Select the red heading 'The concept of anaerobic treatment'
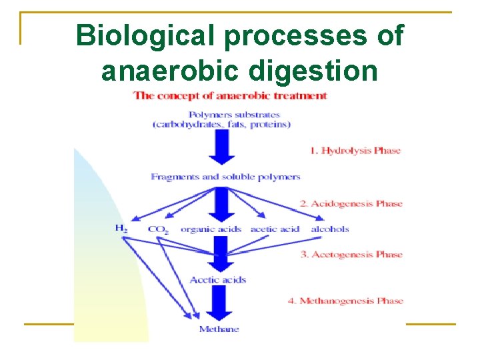click(x=230, y=95)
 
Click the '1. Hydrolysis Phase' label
click(x=355, y=151)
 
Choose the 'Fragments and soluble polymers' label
click(x=225, y=177)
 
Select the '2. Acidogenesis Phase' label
click(x=351, y=203)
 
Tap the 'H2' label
click(x=121, y=229)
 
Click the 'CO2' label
click(x=158, y=229)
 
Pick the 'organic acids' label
click(x=211, y=229)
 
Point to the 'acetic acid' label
click(x=275, y=229)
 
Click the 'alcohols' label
click(x=330, y=229)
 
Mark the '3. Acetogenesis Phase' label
click(x=351, y=254)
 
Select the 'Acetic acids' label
click(x=218, y=279)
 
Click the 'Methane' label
click(x=219, y=329)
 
